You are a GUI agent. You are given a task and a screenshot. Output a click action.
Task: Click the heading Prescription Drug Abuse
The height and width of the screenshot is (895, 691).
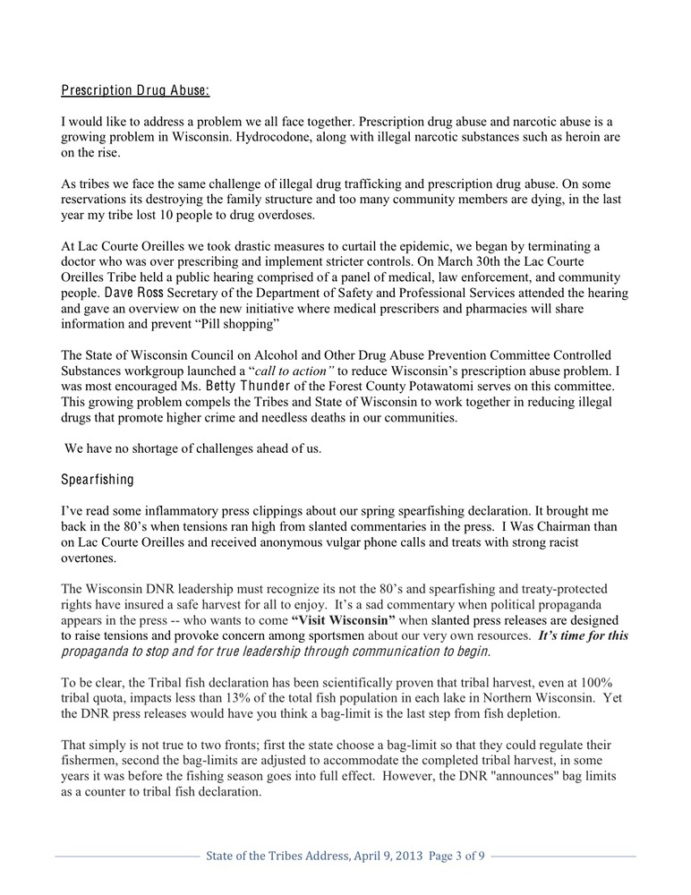[x=135, y=90]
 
